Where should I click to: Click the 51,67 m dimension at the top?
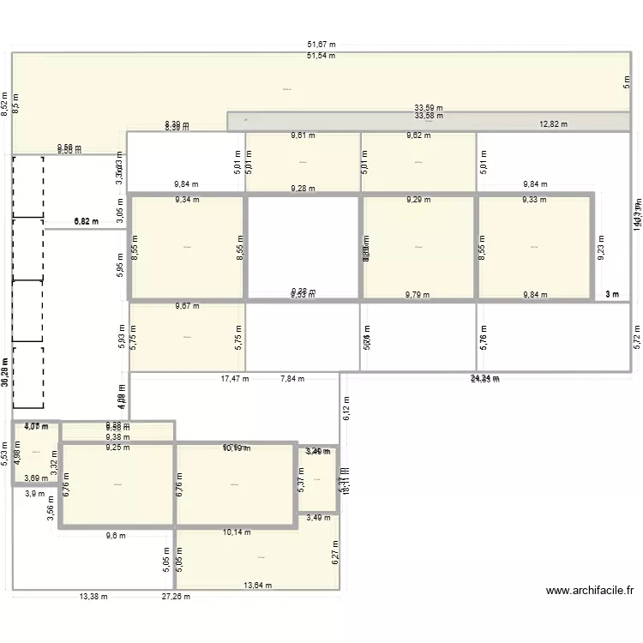click(321, 45)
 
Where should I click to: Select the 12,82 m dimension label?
click(554, 123)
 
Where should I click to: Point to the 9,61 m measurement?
click(303, 135)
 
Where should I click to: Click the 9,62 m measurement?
click(419, 135)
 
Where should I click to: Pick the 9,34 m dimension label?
click(187, 200)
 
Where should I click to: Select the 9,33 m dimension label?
click(536, 200)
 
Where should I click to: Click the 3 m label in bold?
click(612, 294)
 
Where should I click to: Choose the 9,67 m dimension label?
click(187, 305)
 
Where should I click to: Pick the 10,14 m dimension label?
click(236, 532)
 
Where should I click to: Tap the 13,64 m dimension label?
click(257, 586)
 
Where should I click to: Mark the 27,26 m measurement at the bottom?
click(177, 597)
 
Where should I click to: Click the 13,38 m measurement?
click(93, 597)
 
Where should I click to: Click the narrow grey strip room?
click(429, 121)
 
